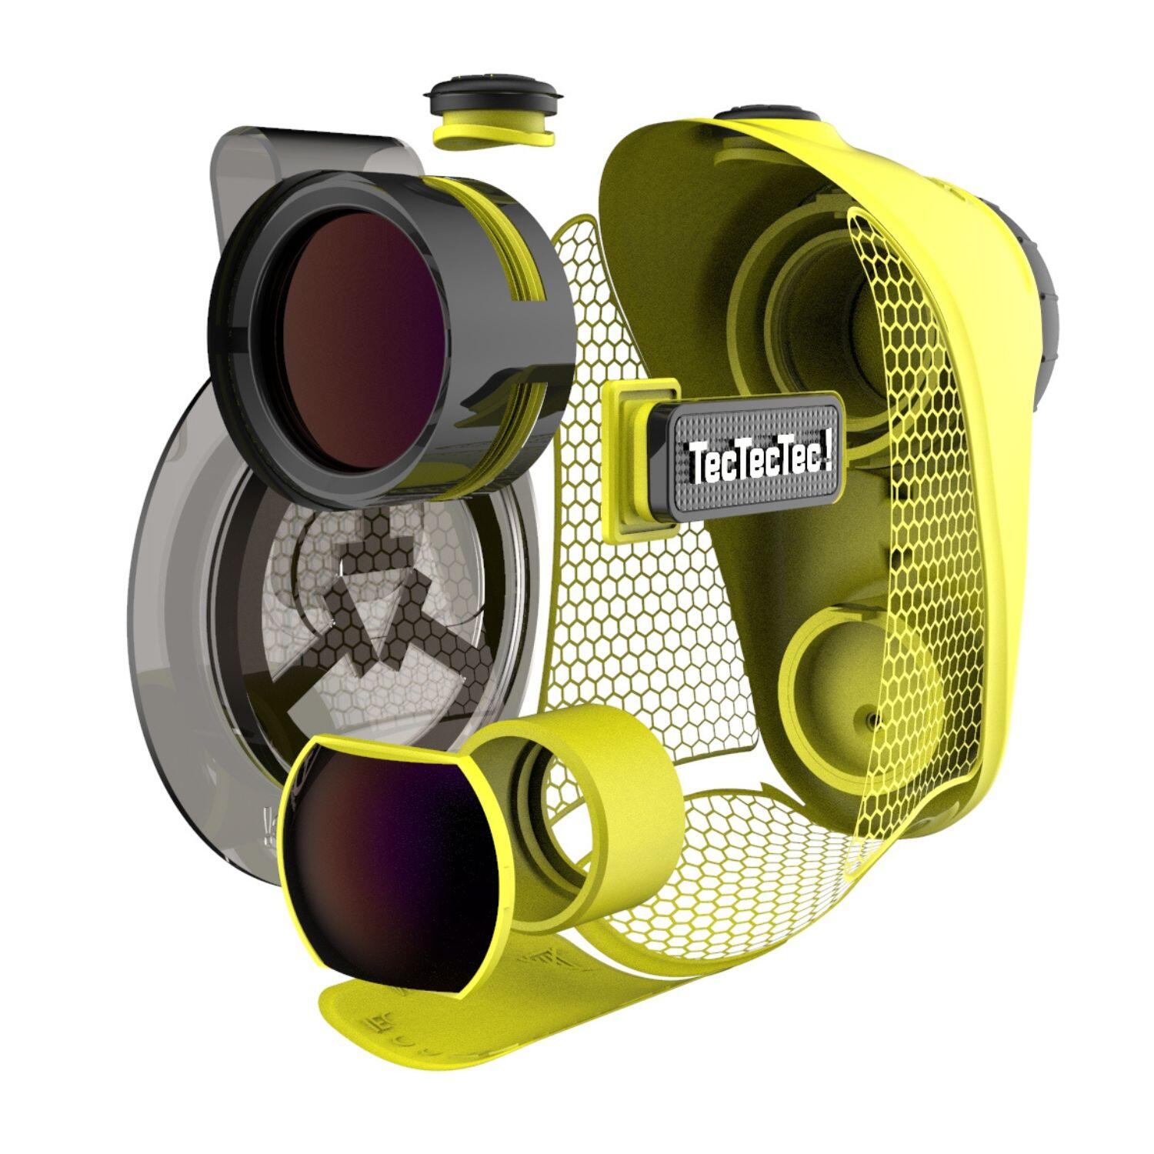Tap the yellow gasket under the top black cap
(492, 131)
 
